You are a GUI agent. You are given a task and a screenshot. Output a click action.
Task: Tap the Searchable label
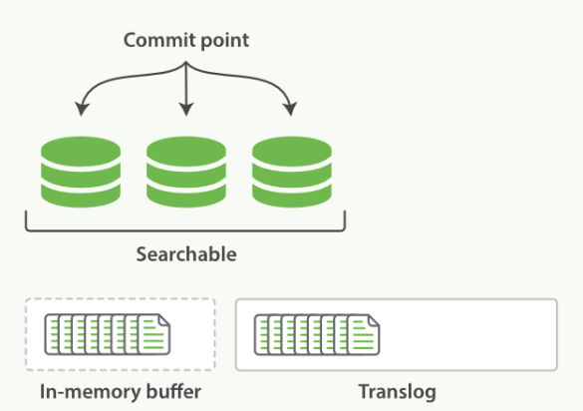pyautogui.click(x=186, y=254)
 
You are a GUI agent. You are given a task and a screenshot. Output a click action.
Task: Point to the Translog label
pyautogui.click(x=397, y=392)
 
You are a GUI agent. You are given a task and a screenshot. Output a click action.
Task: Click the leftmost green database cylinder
pyautogui.click(x=81, y=172)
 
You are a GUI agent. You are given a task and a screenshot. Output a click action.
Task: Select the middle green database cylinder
pyautogui.click(x=186, y=172)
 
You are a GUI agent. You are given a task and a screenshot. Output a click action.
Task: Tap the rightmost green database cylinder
pyautogui.click(x=292, y=172)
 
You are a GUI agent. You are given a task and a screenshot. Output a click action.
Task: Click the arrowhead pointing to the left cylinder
pyautogui.click(x=81, y=109)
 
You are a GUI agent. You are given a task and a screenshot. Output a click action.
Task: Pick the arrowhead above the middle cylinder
pyautogui.click(x=186, y=109)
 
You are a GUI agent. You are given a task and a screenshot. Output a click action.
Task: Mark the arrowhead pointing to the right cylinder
pyautogui.click(x=290, y=109)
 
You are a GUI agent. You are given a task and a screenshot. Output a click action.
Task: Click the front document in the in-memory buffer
pyautogui.click(x=154, y=334)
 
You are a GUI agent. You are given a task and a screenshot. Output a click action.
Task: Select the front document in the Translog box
pyautogui.click(x=364, y=334)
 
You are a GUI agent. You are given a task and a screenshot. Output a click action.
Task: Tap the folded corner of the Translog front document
pyautogui.click(x=374, y=320)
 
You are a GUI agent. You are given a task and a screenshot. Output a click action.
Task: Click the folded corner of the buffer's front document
pyautogui.click(x=164, y=320)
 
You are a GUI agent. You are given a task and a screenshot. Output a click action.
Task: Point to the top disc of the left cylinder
pyautogui.click(x=81, y=152)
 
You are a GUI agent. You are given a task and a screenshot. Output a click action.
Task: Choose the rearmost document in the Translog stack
pyautogui.click(x=261, y=334)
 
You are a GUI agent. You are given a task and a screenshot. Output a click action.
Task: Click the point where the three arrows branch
pyautogui.click(x=186, y=63)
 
